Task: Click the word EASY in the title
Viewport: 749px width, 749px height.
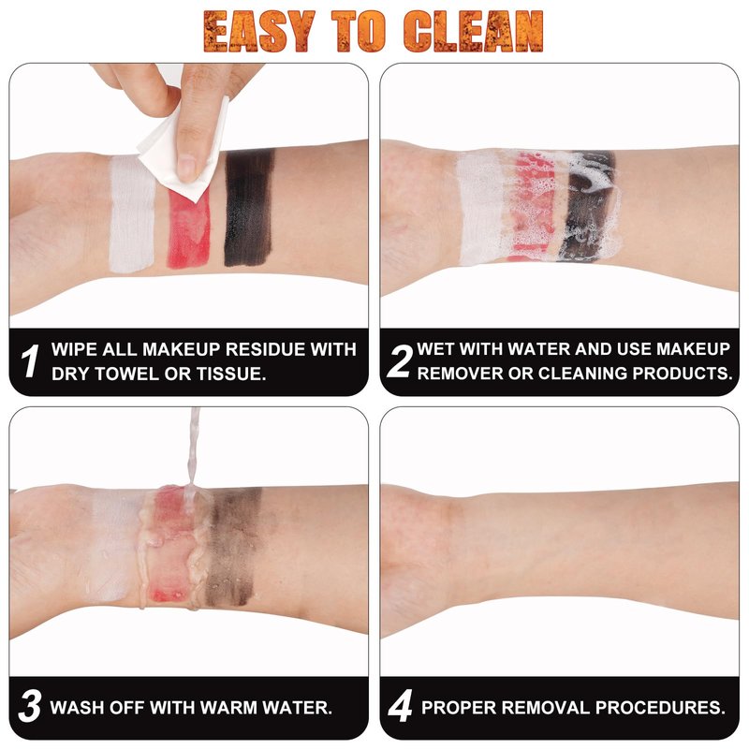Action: click(259, 31)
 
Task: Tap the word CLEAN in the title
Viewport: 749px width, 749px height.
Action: click(474, 31)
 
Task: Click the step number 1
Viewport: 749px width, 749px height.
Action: click(30, 361)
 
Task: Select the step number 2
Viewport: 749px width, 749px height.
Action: click(400, 361)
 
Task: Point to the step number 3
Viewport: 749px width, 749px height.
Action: click(30, 706)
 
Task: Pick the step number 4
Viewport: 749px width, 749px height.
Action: click(400, 706)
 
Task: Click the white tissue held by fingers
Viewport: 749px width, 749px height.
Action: click(184, 151)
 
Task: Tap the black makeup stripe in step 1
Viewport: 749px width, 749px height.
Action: click(249, 207)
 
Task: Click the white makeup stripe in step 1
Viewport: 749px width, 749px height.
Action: click(131, 213)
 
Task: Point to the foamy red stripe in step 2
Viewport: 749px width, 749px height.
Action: click(532, 206)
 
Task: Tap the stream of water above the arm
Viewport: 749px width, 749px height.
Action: click(193, 451)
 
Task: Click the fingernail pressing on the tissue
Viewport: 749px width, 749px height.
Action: click(186, 169)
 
